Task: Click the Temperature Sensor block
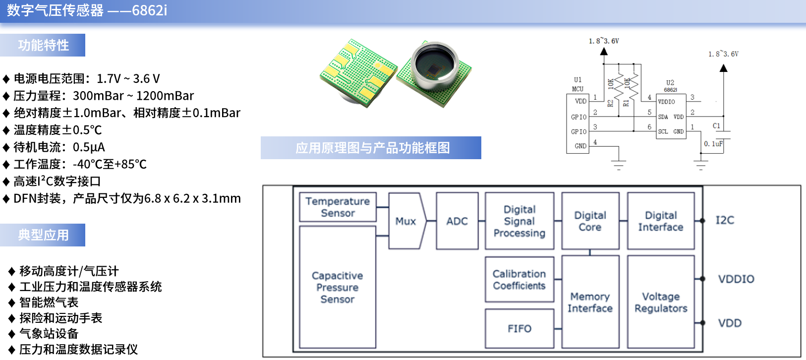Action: click(338, 207)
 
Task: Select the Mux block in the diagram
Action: click(406, 221)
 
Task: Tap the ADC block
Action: click(457, 221)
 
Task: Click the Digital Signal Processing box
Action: click(519, 221)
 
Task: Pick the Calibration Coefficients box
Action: click(519, 280)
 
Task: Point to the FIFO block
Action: click(519, 328)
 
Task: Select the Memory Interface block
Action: click(590, 302)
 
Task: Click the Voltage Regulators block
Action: click(661, 302)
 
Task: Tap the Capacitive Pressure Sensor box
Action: click(338, 287)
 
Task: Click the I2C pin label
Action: click(725, 220)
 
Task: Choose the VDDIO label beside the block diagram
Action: click(736, 279)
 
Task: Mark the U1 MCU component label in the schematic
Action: click(577, 84)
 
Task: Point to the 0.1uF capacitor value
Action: click(713, 144)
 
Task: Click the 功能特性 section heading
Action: click(43, 45)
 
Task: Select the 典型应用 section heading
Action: click(43, 235)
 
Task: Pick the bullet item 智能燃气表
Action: click(49, 302)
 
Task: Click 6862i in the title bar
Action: click(149, 10)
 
